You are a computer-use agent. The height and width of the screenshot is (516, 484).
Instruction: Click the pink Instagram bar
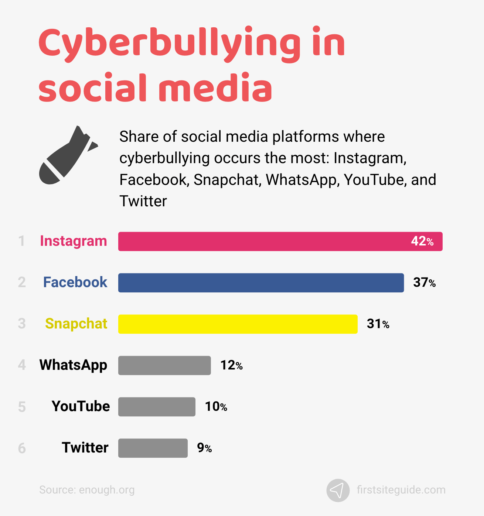(x=259, y=241)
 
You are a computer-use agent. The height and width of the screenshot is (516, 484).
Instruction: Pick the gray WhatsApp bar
(x=164, y=365)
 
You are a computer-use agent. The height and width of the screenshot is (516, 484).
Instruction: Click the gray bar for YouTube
(x=157, y=407)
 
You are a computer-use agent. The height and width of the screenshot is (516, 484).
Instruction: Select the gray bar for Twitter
(x=153, y=448)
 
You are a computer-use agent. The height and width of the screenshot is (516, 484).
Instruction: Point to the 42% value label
(x=422, y=241)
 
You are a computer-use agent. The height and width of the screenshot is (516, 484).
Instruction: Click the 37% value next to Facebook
(x=424, y=283)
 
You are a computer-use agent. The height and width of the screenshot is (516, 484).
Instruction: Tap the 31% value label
(x=378, y=324)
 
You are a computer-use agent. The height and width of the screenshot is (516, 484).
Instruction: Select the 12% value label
(x=231, y=365)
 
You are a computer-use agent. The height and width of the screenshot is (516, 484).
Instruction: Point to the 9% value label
(x=204, y=448)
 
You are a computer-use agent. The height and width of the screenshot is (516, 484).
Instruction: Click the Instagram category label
(x=74, y=241)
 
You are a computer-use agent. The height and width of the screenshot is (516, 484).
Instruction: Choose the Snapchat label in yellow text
(x=76, y=324)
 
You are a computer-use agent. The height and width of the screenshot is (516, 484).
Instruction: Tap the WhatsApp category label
(x=73, y=365)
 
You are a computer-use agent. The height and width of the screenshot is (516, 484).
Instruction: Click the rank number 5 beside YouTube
(x=22, y=407)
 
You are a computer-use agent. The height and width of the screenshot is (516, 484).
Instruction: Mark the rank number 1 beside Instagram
(x=21, y=241)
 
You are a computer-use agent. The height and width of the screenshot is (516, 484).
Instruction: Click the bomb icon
(x=68, y=155)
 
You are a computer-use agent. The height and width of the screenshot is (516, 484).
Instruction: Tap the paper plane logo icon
(x=338, y=490)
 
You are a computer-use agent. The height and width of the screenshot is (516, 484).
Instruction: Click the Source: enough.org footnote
(x=87, y=490)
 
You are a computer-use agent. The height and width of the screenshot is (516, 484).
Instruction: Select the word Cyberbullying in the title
(x=170, y=44)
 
